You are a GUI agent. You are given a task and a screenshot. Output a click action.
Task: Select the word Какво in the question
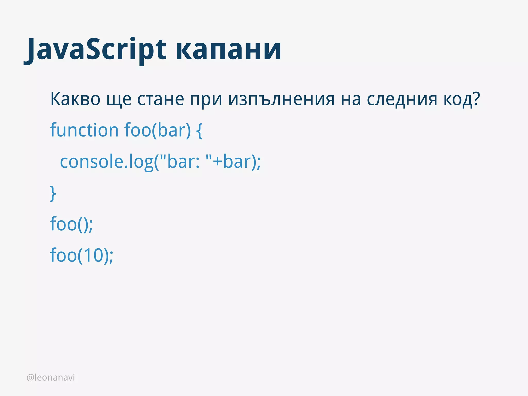75,99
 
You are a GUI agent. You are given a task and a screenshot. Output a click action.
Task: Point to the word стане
160,99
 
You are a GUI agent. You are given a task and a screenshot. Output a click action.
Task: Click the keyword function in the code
84,130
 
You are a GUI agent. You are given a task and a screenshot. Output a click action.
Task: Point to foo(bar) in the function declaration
158,130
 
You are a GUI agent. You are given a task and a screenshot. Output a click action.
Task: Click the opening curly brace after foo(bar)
199,131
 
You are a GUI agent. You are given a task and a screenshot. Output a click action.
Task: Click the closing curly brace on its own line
53,193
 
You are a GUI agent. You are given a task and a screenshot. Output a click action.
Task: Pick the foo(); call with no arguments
71,224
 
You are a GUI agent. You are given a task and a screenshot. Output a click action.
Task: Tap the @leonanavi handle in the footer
51,377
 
